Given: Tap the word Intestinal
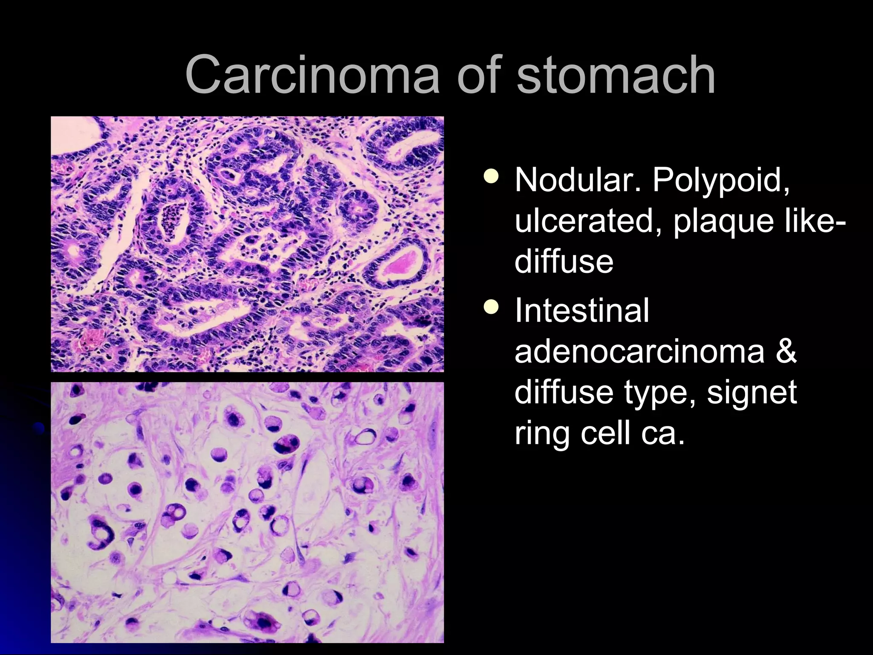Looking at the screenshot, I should point(582,310).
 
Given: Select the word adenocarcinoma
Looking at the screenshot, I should point(639,351).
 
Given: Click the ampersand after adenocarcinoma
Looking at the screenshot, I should point(785,351).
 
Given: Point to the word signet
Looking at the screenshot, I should point(752,393).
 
